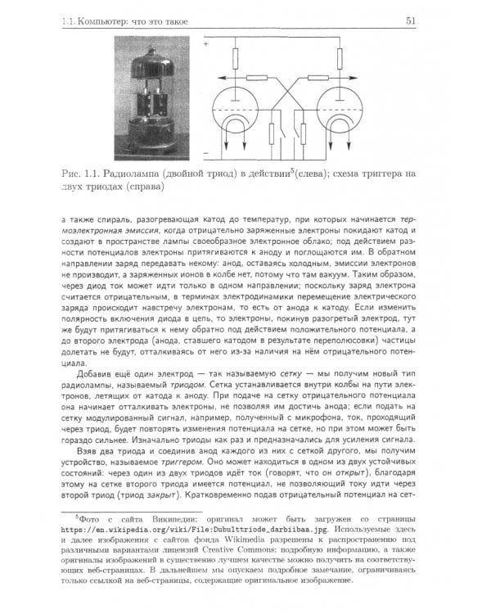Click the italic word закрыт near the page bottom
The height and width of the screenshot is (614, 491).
(160, 496)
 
